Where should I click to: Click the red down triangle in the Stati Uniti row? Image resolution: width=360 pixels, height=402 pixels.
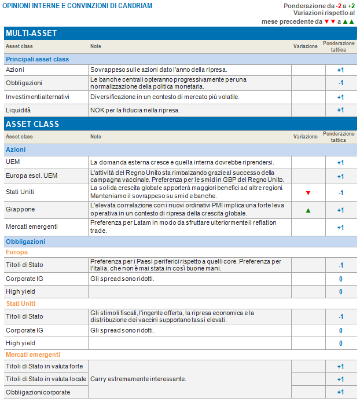click(308, 192)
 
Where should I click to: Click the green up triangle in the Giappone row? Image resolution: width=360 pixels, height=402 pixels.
click(308, 210)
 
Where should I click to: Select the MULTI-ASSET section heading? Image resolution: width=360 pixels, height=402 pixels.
click(31, 34)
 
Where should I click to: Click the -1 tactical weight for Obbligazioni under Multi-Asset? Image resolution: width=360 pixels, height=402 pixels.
click(340, 83)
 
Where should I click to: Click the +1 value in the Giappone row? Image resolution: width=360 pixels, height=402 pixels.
click(340, 210)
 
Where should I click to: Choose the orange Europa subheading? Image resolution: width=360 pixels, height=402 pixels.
click(17, 253)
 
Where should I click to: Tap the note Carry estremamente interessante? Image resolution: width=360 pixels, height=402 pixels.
click(138, 379)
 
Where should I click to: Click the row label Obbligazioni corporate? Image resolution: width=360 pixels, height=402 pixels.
click(38, 392)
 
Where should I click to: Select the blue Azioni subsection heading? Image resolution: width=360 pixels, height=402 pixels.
click(16, 149)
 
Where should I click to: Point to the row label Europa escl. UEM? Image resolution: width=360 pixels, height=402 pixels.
click(32, 176)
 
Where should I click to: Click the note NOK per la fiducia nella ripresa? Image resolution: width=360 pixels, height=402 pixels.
click(134, 110)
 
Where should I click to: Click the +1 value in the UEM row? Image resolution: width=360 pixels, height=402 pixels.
click(340, 162)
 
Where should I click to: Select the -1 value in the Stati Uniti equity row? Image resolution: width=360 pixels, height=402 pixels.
click(340, 192)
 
